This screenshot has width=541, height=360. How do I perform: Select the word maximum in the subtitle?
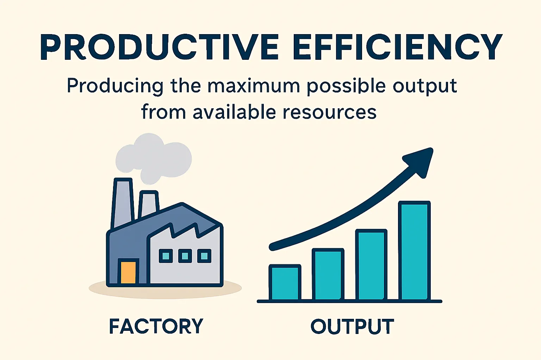pos(253,86)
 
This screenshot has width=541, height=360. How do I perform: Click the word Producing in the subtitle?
pos(115,87)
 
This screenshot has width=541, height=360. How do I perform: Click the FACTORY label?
pos(156,326)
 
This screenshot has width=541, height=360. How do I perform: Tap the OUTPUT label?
pos(352,326)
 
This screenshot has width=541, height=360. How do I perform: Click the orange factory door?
pos(128,272)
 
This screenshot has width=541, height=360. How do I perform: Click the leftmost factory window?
pos(166,256)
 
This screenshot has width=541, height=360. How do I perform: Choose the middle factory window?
pos(185,256)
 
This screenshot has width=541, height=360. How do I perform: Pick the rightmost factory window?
pos(204,256)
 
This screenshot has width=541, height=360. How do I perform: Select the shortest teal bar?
pos(285,283)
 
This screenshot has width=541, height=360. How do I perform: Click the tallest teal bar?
pos(415,251)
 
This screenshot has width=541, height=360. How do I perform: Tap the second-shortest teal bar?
pos(328,274)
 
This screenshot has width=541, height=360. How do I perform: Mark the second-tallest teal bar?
pos(371,265)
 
